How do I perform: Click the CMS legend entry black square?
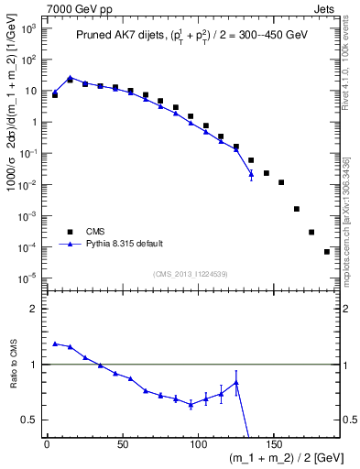(x=68, y=232)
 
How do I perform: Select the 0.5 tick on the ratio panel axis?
(x=29, y=420)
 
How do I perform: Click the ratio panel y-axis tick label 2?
(x=33, y=309)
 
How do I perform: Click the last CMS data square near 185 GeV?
(x=327, y=251)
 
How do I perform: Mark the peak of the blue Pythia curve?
(x=70, y=78)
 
